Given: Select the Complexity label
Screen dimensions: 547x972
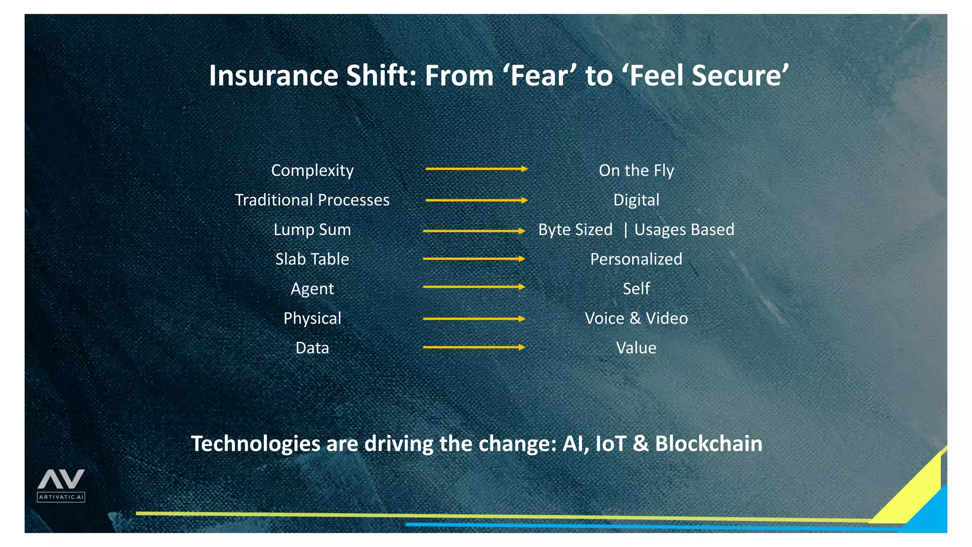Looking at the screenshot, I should [312, 170].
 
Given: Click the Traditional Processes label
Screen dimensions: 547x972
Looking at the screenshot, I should [312, 200].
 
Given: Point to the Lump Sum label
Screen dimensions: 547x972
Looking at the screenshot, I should [312, 230].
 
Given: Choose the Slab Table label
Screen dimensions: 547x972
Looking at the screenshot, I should [312, 259].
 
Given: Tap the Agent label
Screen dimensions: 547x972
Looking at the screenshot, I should [312, 289].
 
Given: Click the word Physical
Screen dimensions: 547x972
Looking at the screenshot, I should [312, 318].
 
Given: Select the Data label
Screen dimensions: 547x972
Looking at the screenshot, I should [312, 348].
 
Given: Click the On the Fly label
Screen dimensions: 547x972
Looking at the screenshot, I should [636, 170].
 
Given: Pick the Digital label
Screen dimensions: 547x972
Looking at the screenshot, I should [636, 200].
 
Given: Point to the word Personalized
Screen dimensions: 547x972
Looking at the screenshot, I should [636, 259].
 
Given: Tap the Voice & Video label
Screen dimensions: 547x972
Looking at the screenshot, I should [636, 318].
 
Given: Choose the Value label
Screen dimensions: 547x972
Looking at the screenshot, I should [636, 348].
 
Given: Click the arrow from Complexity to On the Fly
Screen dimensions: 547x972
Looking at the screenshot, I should [477, 169].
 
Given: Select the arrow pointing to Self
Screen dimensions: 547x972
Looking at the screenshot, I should [474, 287].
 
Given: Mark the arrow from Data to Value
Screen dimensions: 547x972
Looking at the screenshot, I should [474, 347].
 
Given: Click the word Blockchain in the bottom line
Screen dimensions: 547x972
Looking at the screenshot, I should [709, 443].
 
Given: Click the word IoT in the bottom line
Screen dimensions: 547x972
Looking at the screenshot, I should [611, 443].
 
